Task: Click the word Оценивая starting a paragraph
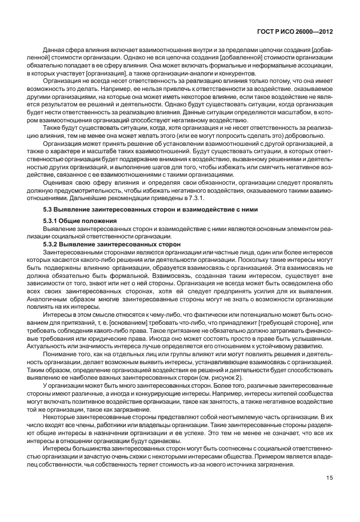56,182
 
